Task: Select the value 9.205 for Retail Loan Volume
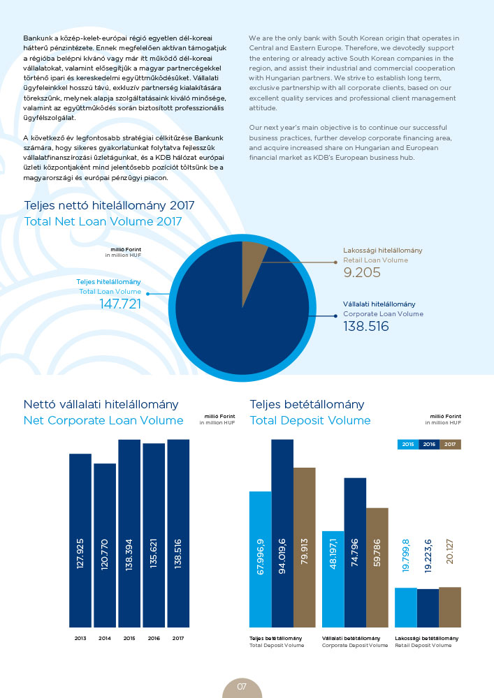362,272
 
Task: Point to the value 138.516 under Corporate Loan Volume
366,326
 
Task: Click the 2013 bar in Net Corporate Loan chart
80,540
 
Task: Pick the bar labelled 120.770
105,544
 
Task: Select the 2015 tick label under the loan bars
129,638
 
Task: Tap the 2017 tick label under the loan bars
178,638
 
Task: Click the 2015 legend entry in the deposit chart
408,444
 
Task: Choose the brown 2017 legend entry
451,444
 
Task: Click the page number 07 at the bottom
242,687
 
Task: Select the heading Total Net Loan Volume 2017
103,221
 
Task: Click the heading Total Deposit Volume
310,420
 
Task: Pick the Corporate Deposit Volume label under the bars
355,646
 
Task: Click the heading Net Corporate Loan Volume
103,420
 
